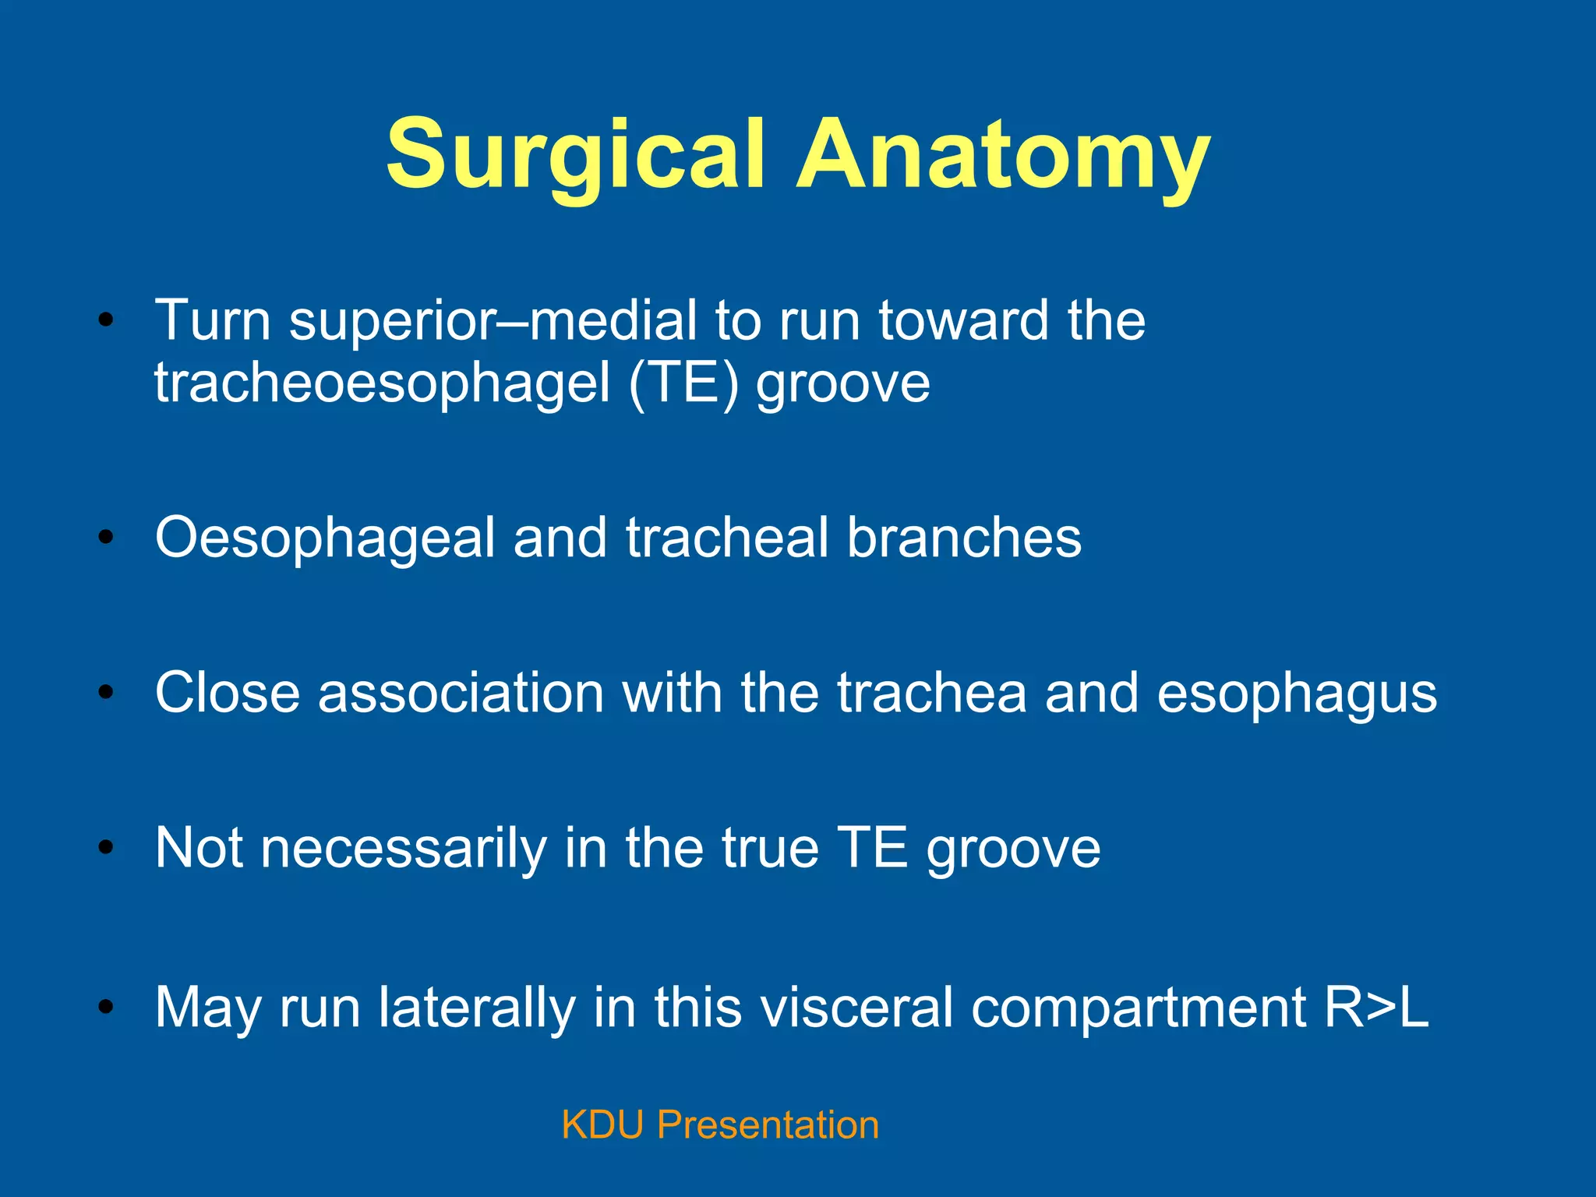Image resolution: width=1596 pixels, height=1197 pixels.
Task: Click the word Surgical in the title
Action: click(x=575, y=156)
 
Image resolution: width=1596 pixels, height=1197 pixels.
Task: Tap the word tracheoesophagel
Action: click(x=382, y=383)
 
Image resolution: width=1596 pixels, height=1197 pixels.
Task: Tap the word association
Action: click(x=461, y=693)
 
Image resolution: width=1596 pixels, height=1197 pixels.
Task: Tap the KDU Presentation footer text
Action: click(x=720, y=1125)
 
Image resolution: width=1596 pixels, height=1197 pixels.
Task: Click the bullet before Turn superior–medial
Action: click(x=106, y=320)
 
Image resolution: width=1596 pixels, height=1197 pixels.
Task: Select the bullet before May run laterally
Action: click(x=106, y=1007)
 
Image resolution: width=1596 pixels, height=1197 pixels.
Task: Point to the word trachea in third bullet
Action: click(x=931, y=693)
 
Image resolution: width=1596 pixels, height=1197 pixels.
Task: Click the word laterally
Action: click(x=476, y=1008)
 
